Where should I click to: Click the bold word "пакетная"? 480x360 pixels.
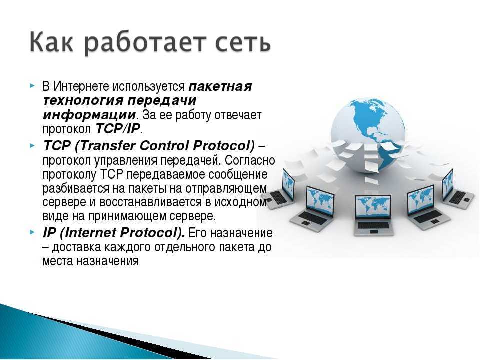(x=220, y=86)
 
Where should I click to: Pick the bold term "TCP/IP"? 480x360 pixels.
(x=118, y=129)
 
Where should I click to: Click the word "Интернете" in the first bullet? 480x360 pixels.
(x=81, y=86)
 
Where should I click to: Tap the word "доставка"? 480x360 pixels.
(x=76, y=247)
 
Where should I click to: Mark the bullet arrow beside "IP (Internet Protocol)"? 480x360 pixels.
(x=33, y=232)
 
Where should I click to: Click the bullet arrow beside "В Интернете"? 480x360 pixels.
(x=33, y=85)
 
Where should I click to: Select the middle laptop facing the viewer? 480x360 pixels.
(x=373, y=215)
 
